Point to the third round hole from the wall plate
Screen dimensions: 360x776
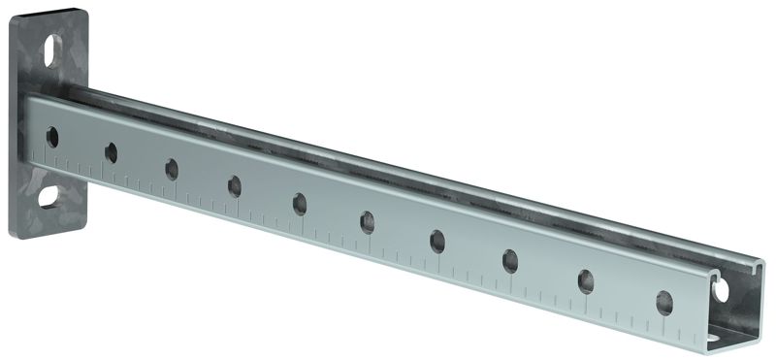point(172,168)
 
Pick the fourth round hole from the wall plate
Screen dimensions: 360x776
point(235,184)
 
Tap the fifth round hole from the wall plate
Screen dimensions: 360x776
point(300,203)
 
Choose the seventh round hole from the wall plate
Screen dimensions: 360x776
point(437,241)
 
